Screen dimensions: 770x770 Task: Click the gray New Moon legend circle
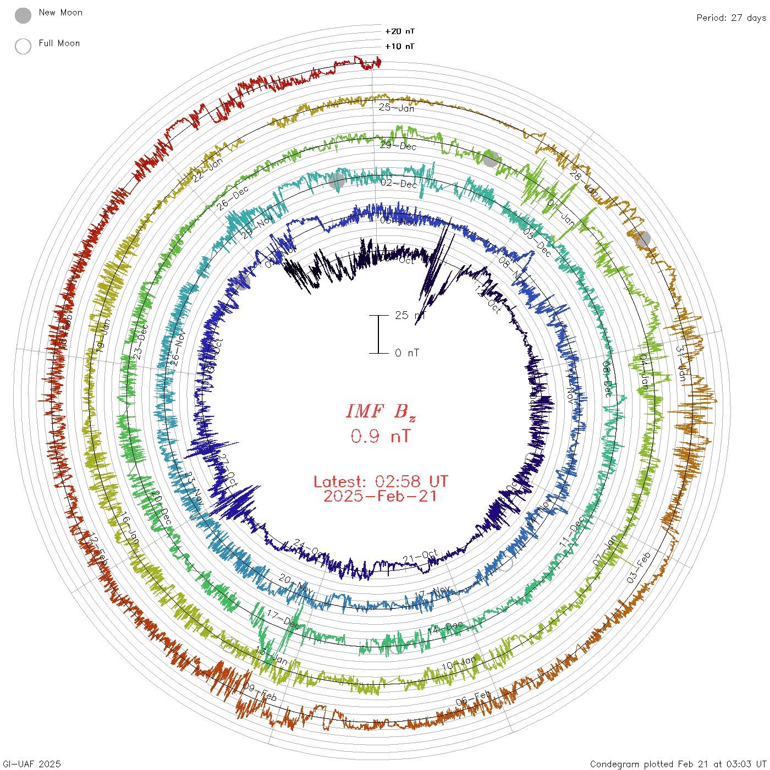(23, 16)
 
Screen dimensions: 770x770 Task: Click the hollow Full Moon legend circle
(23, 46)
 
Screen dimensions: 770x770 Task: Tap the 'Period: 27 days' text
(731, 18)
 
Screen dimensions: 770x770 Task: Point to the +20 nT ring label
(399, 31)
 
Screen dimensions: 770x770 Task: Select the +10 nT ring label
(399, 46)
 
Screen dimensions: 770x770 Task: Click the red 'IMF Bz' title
(381, 411)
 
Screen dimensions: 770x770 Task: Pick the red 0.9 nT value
(380, 436)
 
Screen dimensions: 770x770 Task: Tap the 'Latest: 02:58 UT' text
(381, 482)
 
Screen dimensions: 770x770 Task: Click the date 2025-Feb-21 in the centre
(381, 496)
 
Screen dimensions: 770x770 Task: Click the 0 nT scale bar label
(407, 353)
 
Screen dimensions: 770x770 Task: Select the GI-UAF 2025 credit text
(31, 764)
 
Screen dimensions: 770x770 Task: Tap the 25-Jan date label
(396, 108)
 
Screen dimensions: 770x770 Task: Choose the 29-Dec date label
(398, 146)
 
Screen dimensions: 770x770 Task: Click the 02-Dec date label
(399, 184)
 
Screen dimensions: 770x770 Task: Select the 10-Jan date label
(459, 664)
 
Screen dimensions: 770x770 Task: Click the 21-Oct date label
(420, 557)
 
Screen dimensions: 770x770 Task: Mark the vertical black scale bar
(378, 334)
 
